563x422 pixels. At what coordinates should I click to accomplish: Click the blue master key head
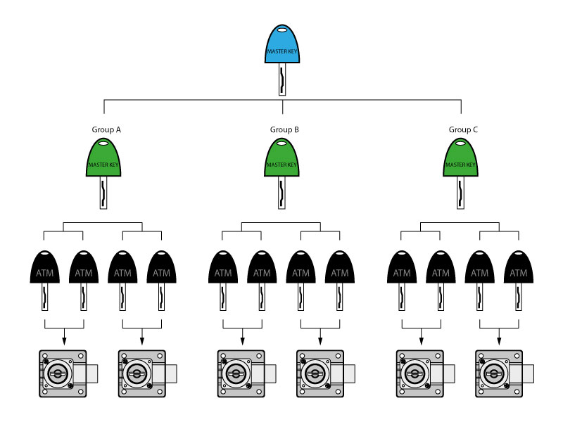pyautogui.click(x=281, y=45)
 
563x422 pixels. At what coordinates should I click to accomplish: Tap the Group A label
pyautogui.click(x=106, y=130)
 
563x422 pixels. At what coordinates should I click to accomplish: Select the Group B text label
pyautogui.click(x=284, y=130)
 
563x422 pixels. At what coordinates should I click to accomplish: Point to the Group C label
pyautogui.click(x=463, y=130)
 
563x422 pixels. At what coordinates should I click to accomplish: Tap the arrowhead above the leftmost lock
pyautogui.click(x=64, y=340)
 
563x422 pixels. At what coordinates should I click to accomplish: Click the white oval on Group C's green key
pyautogui.click(x=460, y=144)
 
